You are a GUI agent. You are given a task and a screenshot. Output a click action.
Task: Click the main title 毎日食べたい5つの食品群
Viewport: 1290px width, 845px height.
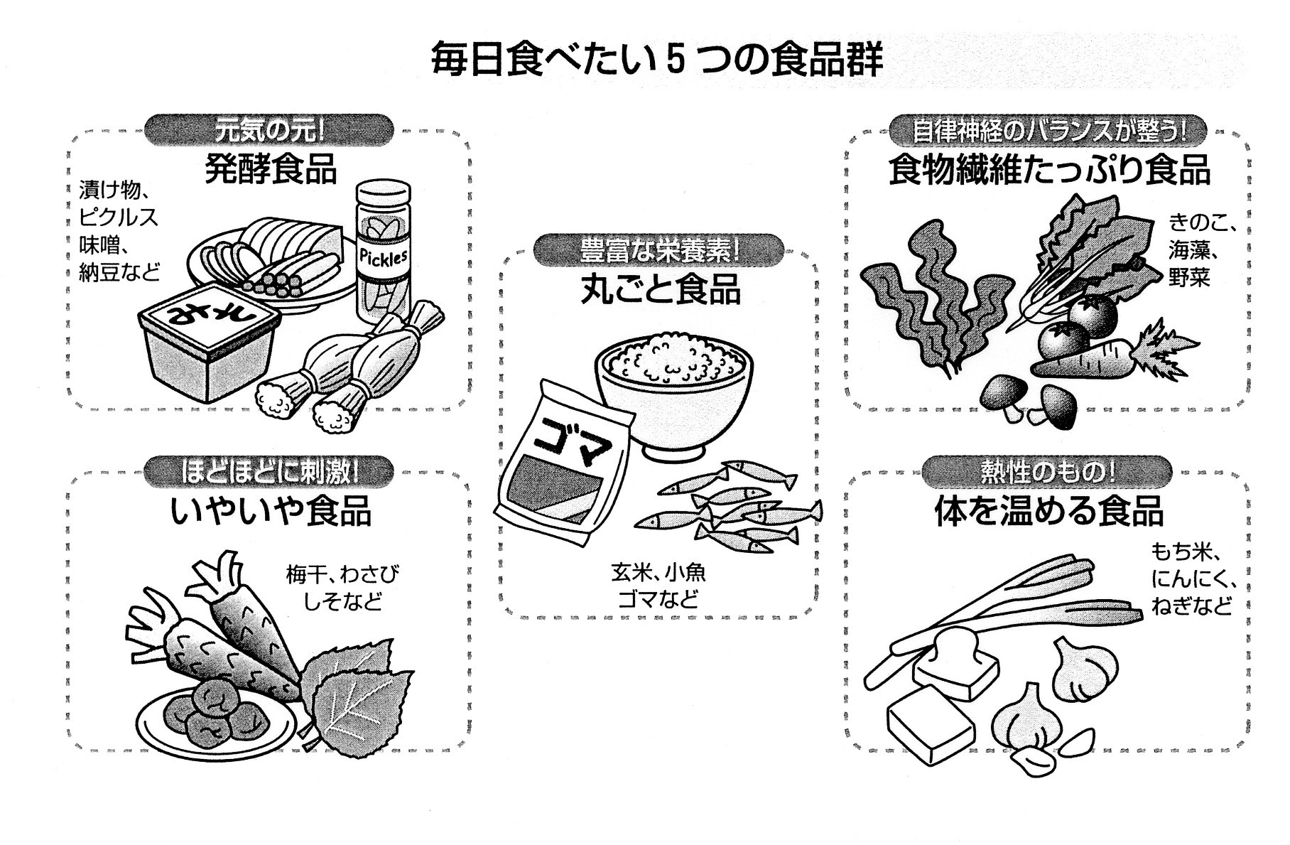(x=657, y=60)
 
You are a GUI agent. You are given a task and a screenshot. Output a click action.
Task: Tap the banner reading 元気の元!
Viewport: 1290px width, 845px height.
(x=269, y=131)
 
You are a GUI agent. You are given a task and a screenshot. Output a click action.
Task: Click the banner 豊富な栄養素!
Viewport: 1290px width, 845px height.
(x=659, y=250)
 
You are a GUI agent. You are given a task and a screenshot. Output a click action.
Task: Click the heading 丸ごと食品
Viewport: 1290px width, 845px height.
(x=660, y=289)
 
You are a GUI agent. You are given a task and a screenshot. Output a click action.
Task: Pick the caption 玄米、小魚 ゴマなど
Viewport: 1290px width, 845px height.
(x=658, y=586)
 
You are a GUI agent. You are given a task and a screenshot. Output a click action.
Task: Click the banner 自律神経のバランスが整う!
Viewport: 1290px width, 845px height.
(x=1048, y=131)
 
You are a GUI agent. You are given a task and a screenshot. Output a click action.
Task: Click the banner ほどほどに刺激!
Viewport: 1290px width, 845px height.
(x=269, y=472)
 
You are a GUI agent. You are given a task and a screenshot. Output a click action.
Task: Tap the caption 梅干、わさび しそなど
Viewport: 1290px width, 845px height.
(x=342, y=587)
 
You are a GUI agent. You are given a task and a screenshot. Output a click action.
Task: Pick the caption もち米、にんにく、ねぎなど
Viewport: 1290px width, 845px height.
(x=1193, y=579)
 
